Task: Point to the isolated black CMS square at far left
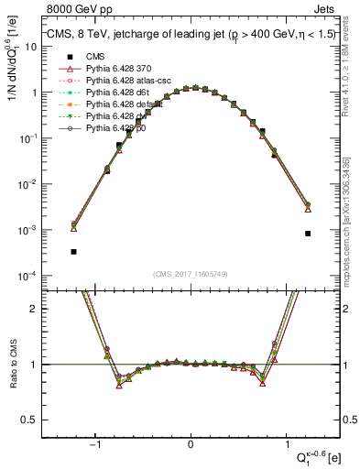(x=73, y=251)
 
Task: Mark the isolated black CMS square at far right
(x=308, y=234)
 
